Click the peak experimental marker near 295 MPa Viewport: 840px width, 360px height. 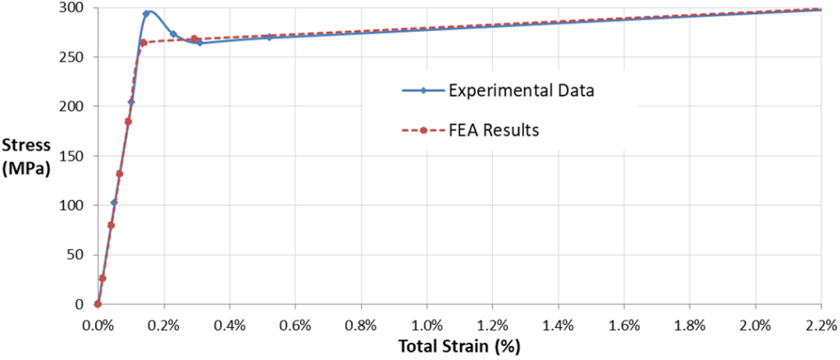tap(146, 14)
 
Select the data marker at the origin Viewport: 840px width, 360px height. tap(98, 303)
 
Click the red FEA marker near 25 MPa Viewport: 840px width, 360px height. tap(103, 278)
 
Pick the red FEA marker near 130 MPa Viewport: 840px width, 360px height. tap(120, 174)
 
